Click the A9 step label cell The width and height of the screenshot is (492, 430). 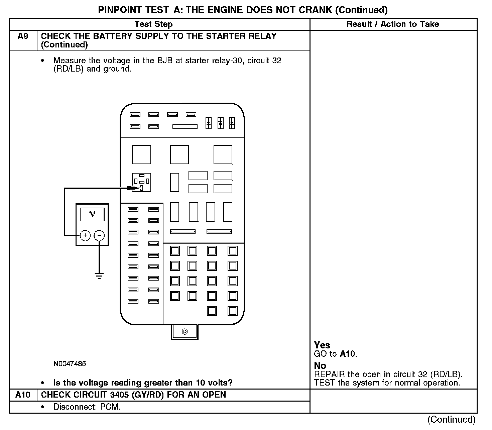click(23, 36)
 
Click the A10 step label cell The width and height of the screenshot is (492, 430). click(23, 395)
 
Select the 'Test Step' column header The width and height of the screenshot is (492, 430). click(153, 24)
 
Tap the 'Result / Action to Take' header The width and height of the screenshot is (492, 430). click(392, 24)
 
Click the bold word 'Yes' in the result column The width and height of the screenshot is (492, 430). click(322, 345)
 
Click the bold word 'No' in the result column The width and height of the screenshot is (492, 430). click(320, 365)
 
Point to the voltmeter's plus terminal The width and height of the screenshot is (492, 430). click(85, 235)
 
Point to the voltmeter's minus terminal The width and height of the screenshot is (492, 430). click(99, 235)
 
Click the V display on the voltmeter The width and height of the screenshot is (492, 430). click(92, 214)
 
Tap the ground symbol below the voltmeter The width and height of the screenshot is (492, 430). click(99, 276)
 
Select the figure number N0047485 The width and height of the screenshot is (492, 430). click(70, 364)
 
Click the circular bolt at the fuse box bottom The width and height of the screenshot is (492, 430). click(185, 331)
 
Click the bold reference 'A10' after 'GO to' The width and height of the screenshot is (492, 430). click(348, 354)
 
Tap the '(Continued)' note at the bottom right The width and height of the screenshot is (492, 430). click(451, 419)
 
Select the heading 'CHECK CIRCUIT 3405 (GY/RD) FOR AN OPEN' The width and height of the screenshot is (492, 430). click(133, 395)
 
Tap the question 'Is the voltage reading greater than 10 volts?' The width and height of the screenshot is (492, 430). click(143, 383)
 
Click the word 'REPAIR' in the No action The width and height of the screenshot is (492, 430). click(329, 374)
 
